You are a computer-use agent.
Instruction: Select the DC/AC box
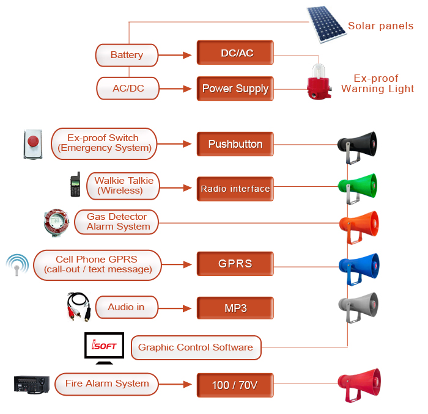pos(235,53)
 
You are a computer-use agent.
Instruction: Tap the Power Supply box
pos(235,89)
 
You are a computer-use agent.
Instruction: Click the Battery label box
pos(127,55)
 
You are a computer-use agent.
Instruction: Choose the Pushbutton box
pos(235,144)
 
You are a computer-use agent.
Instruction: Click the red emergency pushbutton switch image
pos(32,143)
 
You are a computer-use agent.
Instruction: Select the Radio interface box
pos(235,189)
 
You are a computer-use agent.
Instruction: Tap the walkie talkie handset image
pos(75,185)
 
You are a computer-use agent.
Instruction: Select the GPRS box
pos(235,264)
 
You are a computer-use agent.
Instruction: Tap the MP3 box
pos(235,308)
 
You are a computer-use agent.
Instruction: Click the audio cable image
pos(79,306)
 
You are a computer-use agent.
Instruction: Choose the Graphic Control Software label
pos(196,347)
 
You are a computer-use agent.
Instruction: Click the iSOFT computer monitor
pos(104,347)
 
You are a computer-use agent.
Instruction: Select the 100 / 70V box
pos(235,385)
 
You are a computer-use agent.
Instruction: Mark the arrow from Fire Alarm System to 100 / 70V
pos(176,385)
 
